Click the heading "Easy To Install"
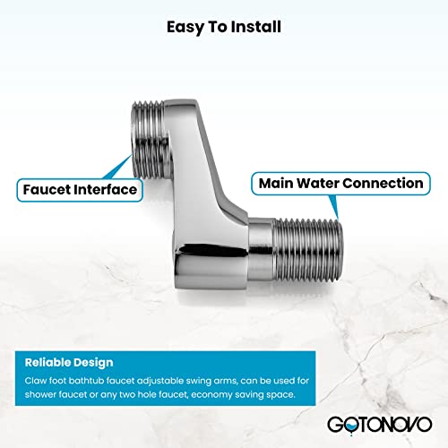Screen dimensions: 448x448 point(224,27)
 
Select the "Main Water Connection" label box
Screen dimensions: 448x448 point(340,184)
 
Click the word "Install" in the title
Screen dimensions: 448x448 point(255,27)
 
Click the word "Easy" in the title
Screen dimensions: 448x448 point(184,27)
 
